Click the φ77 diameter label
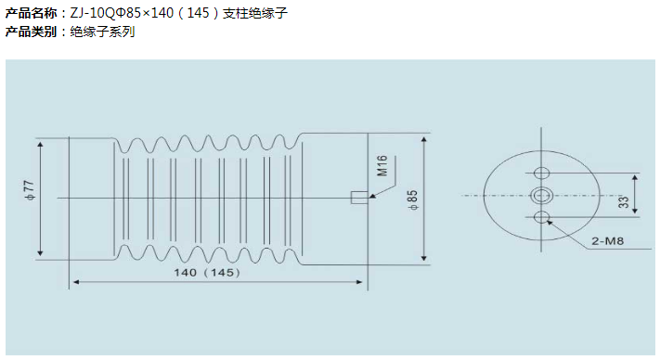pyautogui.click(x=29, y=191)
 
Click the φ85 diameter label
pyautogui.click(x=412, y=200)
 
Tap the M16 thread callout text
pyautogui.click(x=382, y=165)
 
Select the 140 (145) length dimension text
pyautogui.click(x=207, y=273)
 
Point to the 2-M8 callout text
pyautogui.click(x=607, y=241)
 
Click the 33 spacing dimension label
pyautogui.click(x=624, y=202)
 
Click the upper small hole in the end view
pyautogui.click(x=541, y=173)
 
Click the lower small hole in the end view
pyautogui.click(x=541, y=217)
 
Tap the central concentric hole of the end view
pyautogui.click(x=541, y=195)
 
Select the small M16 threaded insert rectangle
pyautogui.click(x=359, y=198)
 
